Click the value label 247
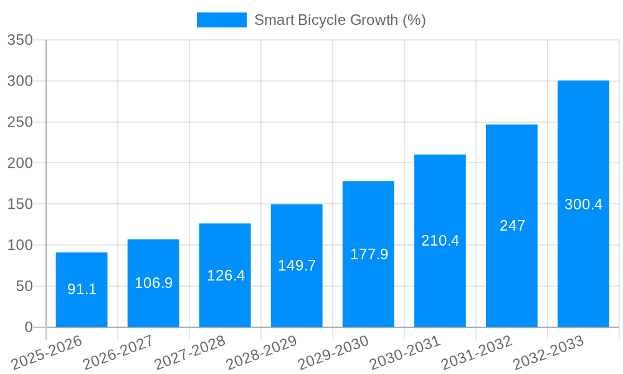point(512,226)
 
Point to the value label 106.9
point(153,283)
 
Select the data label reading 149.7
point(297,266)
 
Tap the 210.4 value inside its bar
point(440,241)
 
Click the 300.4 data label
point(583,204)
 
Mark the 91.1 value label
point(82,289)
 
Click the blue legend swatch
point(221,20)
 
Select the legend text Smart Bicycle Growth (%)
point(340,20)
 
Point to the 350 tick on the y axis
point(20,41)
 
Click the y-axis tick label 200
point(20,163)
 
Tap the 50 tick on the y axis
point(24,286)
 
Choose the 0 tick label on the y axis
point(29,327)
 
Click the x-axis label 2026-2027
point(119,352)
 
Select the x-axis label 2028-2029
point(262,352)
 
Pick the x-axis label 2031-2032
point(477,352)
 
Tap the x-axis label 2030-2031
point(406,352)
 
